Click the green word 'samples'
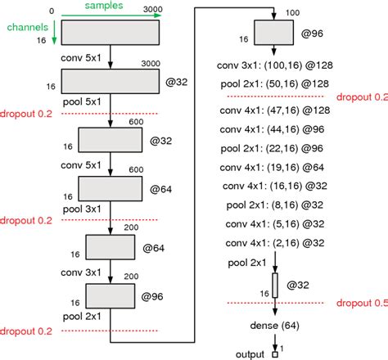105,6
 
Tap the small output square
276,354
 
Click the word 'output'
250,354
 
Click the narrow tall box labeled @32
276,286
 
